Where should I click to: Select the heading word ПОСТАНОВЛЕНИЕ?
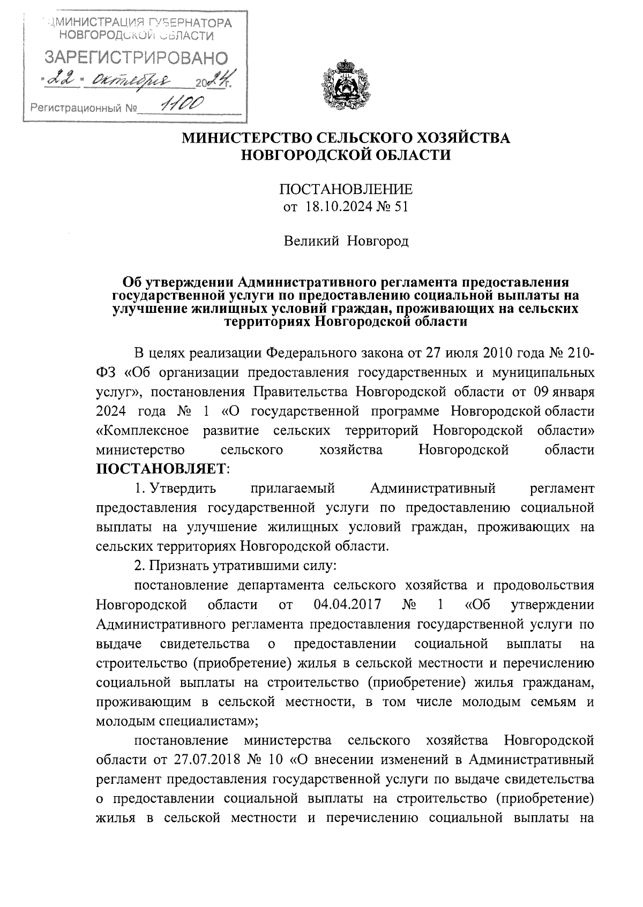(x=346, y=190)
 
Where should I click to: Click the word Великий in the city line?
(x=311, y=242)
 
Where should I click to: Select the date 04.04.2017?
(x=347, y=605)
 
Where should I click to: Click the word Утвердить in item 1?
(x=183, y=488)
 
